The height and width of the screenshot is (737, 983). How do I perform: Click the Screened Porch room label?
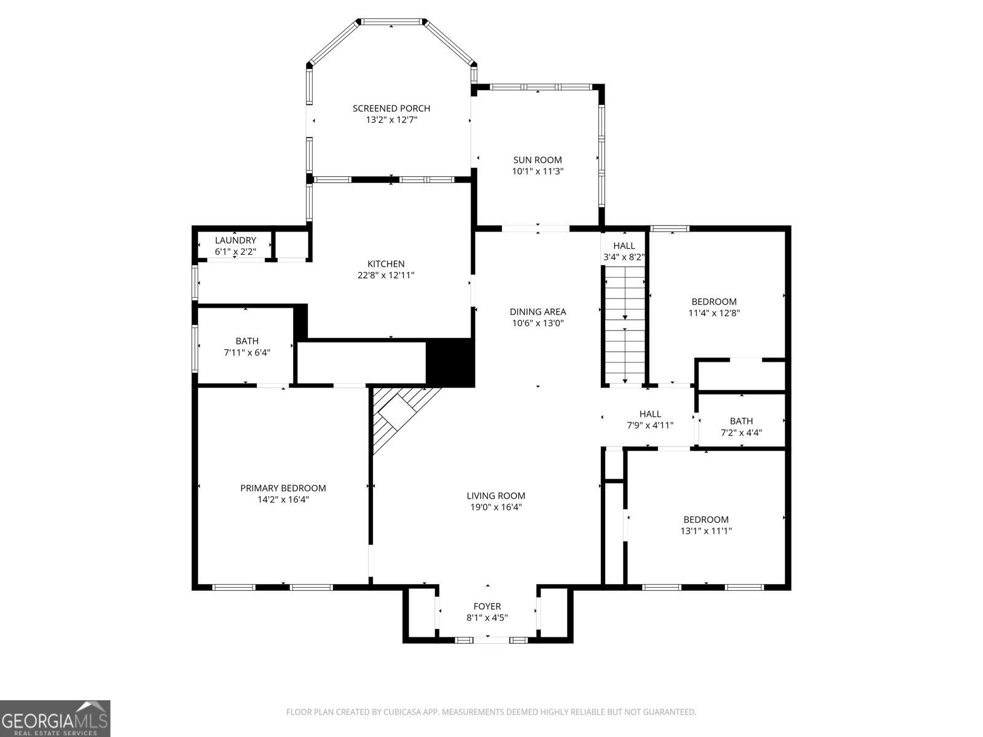[391, 109]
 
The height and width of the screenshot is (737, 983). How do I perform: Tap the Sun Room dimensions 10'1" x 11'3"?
[538, 172]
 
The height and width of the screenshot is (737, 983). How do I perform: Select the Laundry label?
[235, 240]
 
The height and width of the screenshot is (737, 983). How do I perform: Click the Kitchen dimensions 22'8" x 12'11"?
[386, 276]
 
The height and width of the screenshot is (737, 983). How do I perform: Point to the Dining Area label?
[538, 312]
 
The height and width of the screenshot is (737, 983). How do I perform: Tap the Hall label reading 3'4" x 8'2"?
[624, 246]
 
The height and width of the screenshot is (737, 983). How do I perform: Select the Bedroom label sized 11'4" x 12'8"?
[714, 302]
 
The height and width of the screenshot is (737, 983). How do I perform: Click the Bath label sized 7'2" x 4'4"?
[741, 421]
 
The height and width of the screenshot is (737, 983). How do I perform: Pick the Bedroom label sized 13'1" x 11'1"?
[705, 520]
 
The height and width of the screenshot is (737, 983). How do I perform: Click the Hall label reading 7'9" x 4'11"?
[650, 414]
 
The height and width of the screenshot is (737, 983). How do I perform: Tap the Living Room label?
[496, 496]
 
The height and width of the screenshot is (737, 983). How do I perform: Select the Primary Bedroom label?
[283, 488]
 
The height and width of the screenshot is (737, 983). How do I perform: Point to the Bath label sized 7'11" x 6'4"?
[247, 341]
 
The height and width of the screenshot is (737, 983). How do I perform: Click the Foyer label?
[487, 606]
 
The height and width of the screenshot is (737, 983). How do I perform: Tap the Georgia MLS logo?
[55, 718]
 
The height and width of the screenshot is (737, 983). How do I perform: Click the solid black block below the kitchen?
[450, 363]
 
